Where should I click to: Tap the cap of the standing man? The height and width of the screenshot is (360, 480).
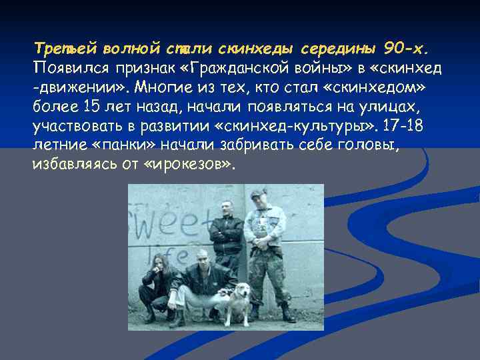coord(258,195)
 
